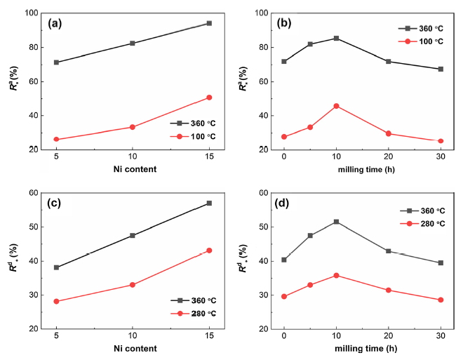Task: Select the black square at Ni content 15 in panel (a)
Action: click(x=209, y=23)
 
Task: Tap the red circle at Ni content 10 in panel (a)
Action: click(x=132, y=127)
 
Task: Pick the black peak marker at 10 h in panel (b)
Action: click(x=337, y=38)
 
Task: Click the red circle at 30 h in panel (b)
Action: click(x=441, y=141)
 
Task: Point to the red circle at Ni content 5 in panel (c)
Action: click(x=56, y=302)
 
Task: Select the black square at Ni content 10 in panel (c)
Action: click(x=132, y=236)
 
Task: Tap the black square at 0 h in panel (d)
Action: click(x=284, y=260)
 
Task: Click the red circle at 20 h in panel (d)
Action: click(x=389, y=290)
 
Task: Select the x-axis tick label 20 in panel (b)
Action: click(x=389, y=159)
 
